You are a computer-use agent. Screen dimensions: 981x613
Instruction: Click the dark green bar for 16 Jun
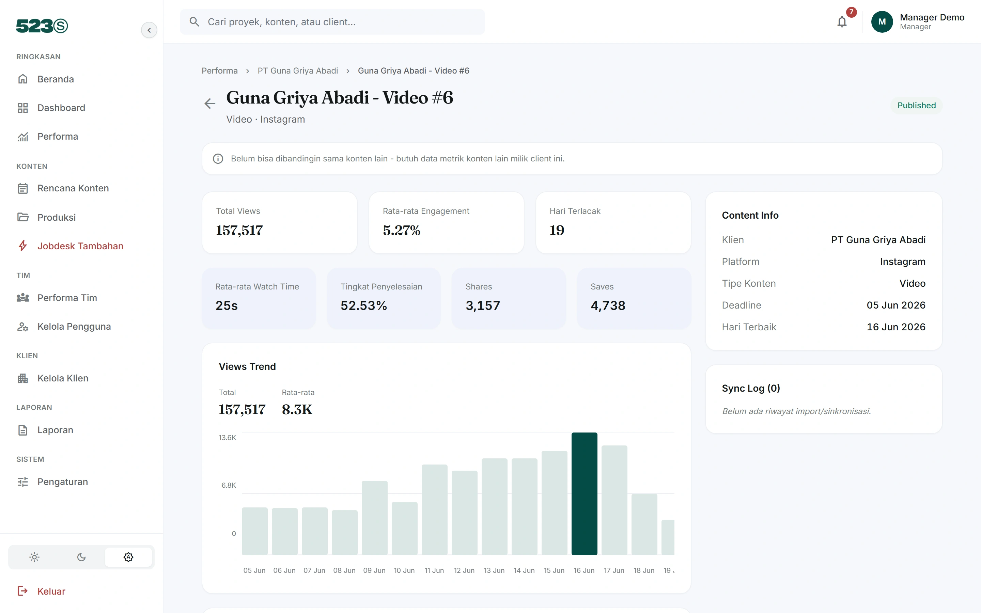click(x=584, y=493)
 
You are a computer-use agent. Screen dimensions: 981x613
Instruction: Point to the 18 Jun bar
click(x=644, y=524)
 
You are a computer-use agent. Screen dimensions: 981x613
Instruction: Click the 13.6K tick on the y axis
click(x=227, y=438)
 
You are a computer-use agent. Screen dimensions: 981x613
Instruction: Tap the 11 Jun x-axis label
click(x=434, y=570)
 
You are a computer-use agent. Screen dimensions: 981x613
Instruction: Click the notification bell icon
click(x=842, y=22)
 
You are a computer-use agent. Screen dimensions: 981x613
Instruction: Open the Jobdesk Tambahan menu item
click(x=80, y=246)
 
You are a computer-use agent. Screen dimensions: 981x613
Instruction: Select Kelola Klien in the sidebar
click(x=63, y=378)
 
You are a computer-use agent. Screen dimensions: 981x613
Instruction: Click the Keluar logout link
click(x=51, y=591)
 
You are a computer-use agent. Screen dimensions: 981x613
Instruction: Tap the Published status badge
click(x=917, y=106)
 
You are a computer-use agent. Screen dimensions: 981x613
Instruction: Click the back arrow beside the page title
click(x=209, y=104)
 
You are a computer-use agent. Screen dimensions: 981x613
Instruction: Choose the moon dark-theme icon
click(x=81, y=557)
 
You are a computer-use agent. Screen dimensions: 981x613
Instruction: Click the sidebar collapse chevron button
click(x=149, y=30)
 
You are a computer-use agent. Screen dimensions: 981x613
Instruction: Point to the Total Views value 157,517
click(x=239, y=230)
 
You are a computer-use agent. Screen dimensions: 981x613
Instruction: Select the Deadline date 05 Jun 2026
click(x=896, y=305)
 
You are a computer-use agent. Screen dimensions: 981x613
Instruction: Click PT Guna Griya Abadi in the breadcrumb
click(x=298, y=71)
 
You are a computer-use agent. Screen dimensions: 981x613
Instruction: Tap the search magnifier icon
click(x=194, y=22)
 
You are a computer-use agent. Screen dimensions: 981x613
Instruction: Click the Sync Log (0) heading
click(x=751, y=388)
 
